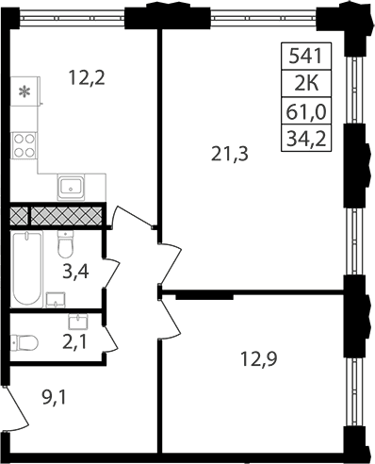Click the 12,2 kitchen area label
point(87,78)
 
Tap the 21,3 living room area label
point(230,155)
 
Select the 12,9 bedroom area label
point(258,359)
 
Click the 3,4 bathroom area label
point(75,272)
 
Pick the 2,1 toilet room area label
point(74,342)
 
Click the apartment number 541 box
point(306,56)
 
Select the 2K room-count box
point(306,83)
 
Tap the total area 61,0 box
point(306,110)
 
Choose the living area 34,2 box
point(306,139)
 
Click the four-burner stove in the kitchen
point(24,145)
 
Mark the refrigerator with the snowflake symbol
point(25,91)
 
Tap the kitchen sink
point(71,187)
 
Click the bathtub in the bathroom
point(27,268)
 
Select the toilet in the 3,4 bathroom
point(65,244)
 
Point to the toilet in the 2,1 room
point(24,342)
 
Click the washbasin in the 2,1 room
point(78,323)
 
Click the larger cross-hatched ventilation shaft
point(67,215)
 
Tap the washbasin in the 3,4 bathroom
point(56,300)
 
